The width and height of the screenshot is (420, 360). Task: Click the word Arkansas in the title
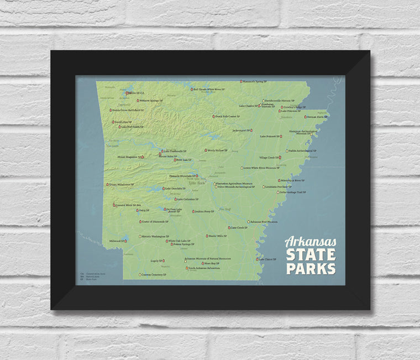[x=310, y=242]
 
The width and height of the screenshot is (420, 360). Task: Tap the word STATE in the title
[x=310, y=255]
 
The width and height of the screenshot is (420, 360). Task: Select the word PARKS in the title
[x=310, y=268]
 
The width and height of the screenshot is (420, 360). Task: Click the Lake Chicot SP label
[x=268, y=259]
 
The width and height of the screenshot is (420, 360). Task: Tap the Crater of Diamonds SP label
[x=155, y=221]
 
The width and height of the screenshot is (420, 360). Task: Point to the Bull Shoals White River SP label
[x=209, y=89]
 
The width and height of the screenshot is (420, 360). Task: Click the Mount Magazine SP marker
[x=142, y=157]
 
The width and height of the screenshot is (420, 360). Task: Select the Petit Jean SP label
[x=184, y=160]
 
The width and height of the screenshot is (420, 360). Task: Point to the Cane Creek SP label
[x=239, y=227]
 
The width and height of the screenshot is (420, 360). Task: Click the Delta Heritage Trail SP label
[x=293, y=192]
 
